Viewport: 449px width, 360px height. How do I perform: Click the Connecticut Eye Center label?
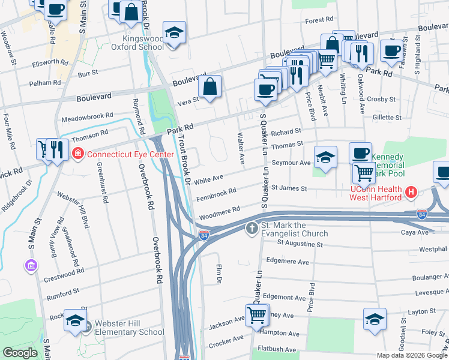(x=130, y=154)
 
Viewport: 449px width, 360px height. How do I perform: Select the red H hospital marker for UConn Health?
(x=411, y=192)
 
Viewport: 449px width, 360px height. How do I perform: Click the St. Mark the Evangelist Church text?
(x=294, y=233)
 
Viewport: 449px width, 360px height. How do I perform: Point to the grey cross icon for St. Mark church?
(x=252, y=228)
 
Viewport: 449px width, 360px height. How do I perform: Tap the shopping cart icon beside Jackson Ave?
(x=256, y=314)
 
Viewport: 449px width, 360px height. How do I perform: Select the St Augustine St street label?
(x=300, y=244)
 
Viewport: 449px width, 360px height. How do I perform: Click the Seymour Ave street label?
(x=292, y=163)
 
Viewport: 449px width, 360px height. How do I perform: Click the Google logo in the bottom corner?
(x=20, y=353)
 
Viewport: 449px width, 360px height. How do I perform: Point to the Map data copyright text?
(x=412, y=355)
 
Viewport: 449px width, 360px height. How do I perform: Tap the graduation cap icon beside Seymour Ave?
(x=325, y=158)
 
